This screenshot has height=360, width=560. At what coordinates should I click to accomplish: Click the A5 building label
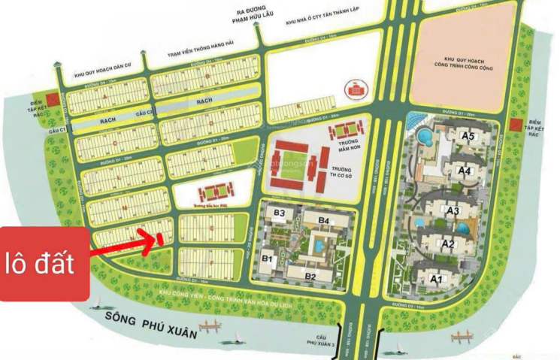point(468,136)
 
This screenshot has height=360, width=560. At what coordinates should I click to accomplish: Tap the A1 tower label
point(435,278)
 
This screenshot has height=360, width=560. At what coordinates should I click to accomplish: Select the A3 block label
point(452,211)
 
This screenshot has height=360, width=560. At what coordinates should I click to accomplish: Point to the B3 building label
point(279,213)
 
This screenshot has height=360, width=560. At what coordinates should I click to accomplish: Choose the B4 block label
point(324,219)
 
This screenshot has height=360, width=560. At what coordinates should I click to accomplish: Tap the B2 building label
point(310,276)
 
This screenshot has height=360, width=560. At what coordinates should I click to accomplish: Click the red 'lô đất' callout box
point(44,265)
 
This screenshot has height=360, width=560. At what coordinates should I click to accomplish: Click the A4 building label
point(464,171)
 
